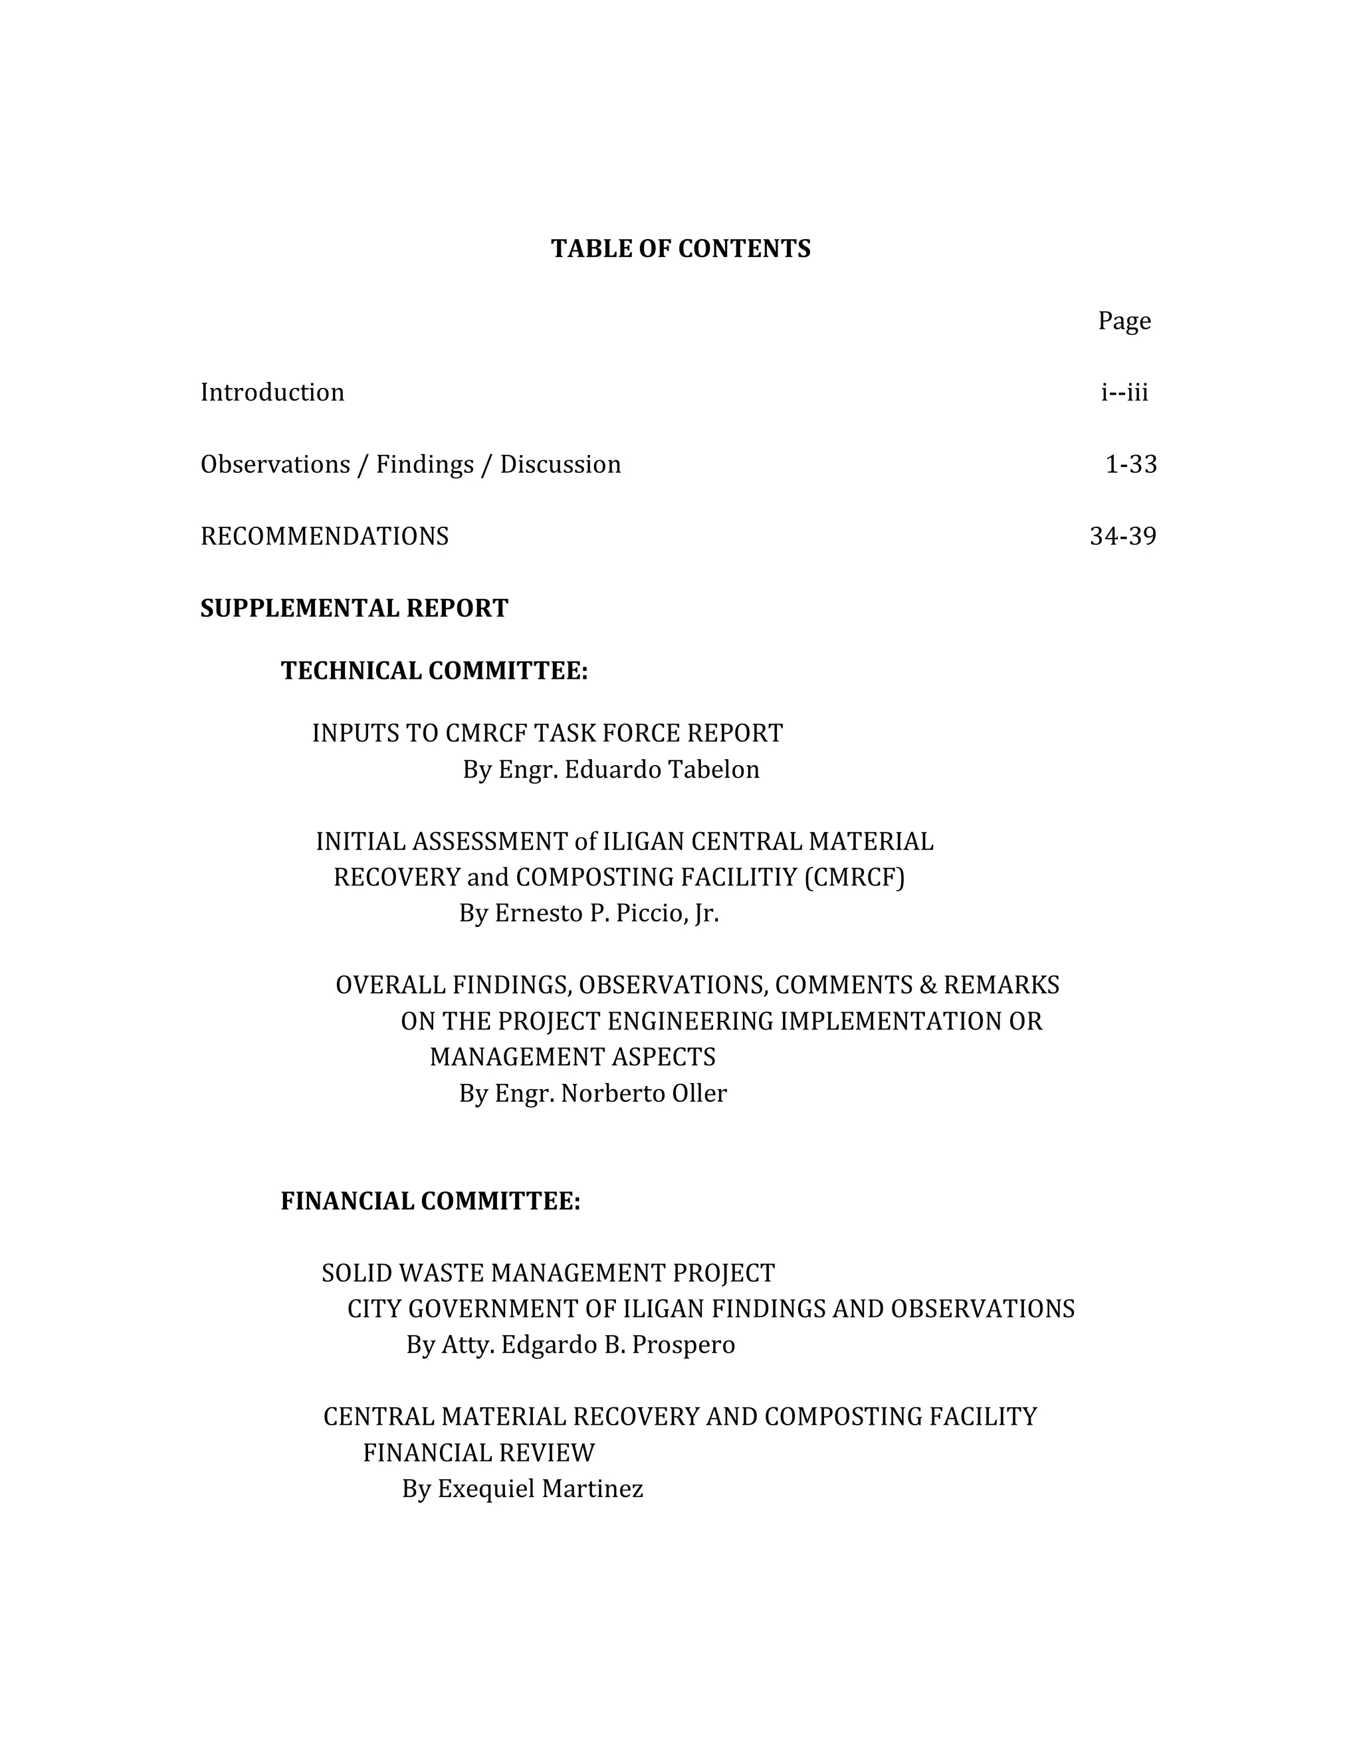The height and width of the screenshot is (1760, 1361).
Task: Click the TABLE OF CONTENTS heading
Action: click(x=680, y=249)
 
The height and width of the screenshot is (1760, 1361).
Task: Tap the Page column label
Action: click(x=1124, y=321)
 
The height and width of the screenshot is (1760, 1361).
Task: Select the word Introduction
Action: click(x=272, y=393)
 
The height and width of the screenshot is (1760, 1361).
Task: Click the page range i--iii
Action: click(x=1125, y=393)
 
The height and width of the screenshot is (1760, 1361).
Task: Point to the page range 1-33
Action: click(x=1130, y=464)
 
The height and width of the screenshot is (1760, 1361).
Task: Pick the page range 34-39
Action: click(x=1123, y=536)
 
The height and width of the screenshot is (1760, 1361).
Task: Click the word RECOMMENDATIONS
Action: click(x=324, y=536)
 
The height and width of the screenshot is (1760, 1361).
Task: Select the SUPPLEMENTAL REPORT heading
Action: click(x=354, y=608)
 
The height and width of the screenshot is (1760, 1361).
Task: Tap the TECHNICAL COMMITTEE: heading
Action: click(x=434, y=671)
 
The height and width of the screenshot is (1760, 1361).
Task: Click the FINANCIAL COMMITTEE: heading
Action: click(x=431, y=1201)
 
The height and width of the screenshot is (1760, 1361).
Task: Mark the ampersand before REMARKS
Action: click(x=927, y=985)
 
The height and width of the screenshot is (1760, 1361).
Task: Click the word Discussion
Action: click(x=560, y=464)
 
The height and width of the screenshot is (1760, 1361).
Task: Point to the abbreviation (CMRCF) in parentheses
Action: click(x=855, y=877)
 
